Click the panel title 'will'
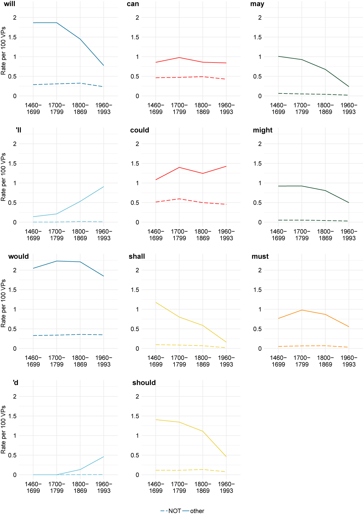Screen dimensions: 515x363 coord(10,4)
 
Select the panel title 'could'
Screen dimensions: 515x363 coord(139,130)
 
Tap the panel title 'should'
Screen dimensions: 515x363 coord(144,383)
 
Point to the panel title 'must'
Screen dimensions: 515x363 coord(260,257)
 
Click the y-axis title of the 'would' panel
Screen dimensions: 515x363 coord(3,303)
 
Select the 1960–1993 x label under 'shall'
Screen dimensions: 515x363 coord(226,361)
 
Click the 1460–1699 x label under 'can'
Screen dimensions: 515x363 coord(156,109)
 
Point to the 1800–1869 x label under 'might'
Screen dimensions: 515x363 coord(325,235)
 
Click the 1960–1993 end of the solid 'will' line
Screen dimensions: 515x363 coord(104,65)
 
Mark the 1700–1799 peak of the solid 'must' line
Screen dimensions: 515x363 coord(302,310)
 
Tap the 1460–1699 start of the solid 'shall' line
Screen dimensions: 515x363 coord(156,302)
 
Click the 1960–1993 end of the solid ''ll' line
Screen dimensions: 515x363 coord(104,187)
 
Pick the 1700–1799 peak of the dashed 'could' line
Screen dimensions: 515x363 coord(179,199)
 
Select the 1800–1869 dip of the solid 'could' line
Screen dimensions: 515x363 coord(203,173)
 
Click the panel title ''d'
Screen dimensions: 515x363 coord(16,383)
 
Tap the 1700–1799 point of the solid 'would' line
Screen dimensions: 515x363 coord(57,261)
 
